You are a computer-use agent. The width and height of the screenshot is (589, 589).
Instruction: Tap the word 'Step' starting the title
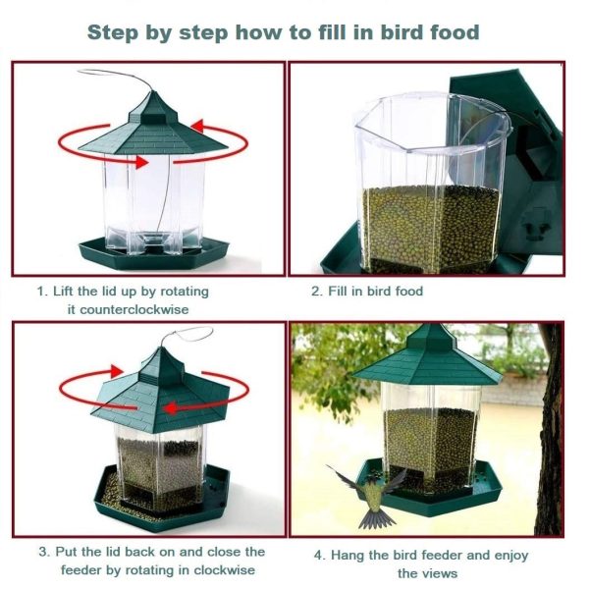pos(113,33)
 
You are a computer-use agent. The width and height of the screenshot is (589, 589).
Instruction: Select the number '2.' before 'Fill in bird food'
pos(317,292)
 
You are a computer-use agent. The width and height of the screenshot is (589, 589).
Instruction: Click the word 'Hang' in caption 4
pos(348,556)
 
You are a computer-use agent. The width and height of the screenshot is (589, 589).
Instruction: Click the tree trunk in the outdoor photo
pos(551,428)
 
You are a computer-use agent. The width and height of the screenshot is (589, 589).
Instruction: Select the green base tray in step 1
pos(154,252)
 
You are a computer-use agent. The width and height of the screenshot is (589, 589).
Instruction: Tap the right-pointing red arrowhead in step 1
pos(142,162)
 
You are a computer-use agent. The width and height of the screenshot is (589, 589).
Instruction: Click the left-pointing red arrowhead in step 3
pos(171,408)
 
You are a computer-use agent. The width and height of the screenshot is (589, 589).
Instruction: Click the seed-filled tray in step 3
pos(162,498)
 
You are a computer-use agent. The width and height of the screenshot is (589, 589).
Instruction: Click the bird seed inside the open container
pos(431,228)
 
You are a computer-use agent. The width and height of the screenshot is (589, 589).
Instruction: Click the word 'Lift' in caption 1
pos(64,292)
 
